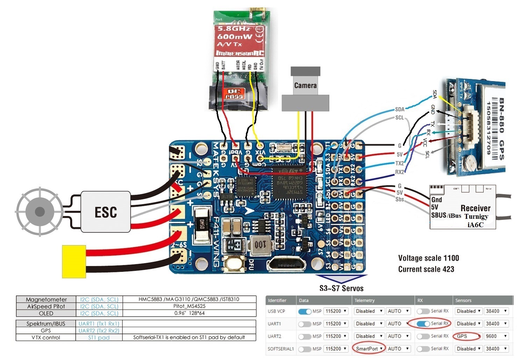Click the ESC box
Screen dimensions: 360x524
(x=106, y=212)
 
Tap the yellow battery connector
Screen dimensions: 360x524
(x=74, y=261)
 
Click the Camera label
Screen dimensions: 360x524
(x=305, y=85)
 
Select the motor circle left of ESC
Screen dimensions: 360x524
(x=40, y=211)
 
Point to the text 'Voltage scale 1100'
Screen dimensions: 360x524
(x=428, y=258)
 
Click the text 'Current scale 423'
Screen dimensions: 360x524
(x=426, y=269)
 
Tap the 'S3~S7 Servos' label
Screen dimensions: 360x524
(x=341, y=288)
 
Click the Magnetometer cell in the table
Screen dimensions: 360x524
(x=46, y=300)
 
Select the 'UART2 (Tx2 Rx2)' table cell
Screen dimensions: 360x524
(x=99, y=331)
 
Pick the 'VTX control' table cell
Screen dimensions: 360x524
(x=46, y=338)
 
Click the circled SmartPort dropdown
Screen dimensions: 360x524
(x=369, y=348)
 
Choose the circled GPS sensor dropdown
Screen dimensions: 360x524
(x=467, y=336)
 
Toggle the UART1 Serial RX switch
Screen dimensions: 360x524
(x=423, y=324)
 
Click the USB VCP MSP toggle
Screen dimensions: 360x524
(x=305, y=311)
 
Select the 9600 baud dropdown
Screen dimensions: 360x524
(x=496, y=336)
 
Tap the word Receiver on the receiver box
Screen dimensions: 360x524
(x=475, y=208)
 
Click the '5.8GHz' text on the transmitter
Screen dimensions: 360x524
(x=234, y=28)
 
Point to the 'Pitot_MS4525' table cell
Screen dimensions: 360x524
(x=189, y=306)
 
